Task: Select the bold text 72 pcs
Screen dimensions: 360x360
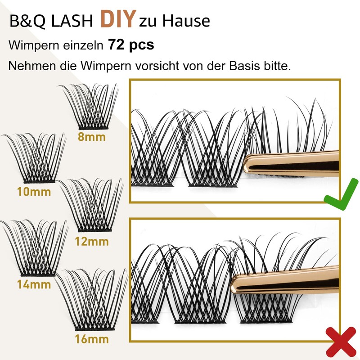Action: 131,45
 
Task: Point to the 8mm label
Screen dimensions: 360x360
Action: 91,137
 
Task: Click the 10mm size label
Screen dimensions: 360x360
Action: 34,192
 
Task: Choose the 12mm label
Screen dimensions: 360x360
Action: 92,241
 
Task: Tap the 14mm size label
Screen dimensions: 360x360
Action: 34,284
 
